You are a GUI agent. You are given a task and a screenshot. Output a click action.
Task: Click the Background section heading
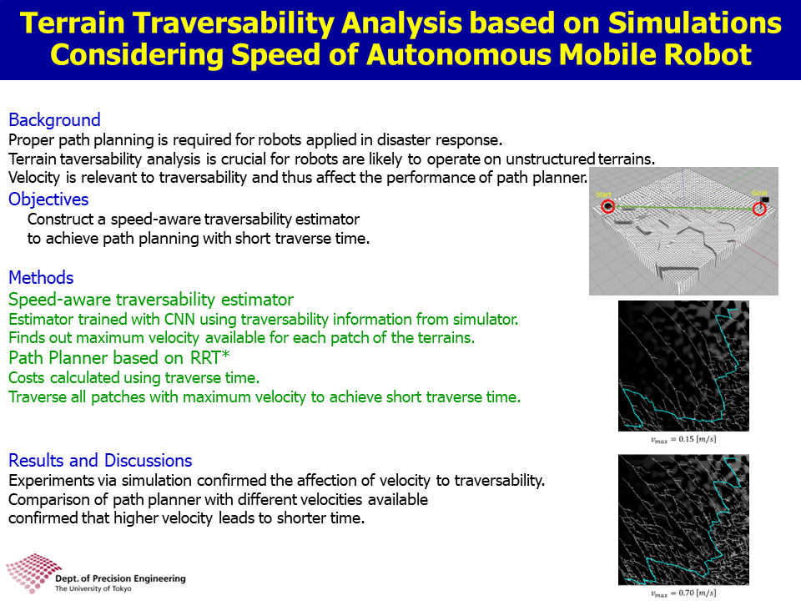(55, 120)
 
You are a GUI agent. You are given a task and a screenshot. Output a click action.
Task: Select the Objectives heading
(48, 199)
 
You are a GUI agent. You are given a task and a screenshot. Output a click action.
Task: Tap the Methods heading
(42, 277)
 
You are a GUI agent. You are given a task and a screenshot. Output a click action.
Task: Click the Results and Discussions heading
(100, 461)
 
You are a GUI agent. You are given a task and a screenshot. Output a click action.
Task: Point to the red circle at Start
(607, 206)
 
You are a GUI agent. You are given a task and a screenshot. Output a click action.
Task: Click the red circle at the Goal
(759, 209)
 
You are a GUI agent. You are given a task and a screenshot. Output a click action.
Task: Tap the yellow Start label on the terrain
(603, 194)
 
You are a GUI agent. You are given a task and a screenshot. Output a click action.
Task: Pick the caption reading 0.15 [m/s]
(683, 440)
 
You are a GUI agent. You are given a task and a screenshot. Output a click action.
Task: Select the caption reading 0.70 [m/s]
(683, 593)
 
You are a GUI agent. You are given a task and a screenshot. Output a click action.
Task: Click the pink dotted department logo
(33, 572)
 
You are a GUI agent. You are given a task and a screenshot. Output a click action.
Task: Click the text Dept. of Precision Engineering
(120, 578)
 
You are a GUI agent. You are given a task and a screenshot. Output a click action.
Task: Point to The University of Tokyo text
(93, 588)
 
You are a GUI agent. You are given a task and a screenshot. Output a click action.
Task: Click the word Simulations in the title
(695, 23)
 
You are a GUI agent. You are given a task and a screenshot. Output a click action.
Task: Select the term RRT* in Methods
(210, 358)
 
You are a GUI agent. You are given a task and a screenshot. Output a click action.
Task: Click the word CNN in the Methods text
(179, 320)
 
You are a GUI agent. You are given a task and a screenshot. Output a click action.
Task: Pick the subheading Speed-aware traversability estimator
(151, 300)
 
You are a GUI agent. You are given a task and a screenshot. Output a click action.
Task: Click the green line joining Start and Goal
(683, 208)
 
